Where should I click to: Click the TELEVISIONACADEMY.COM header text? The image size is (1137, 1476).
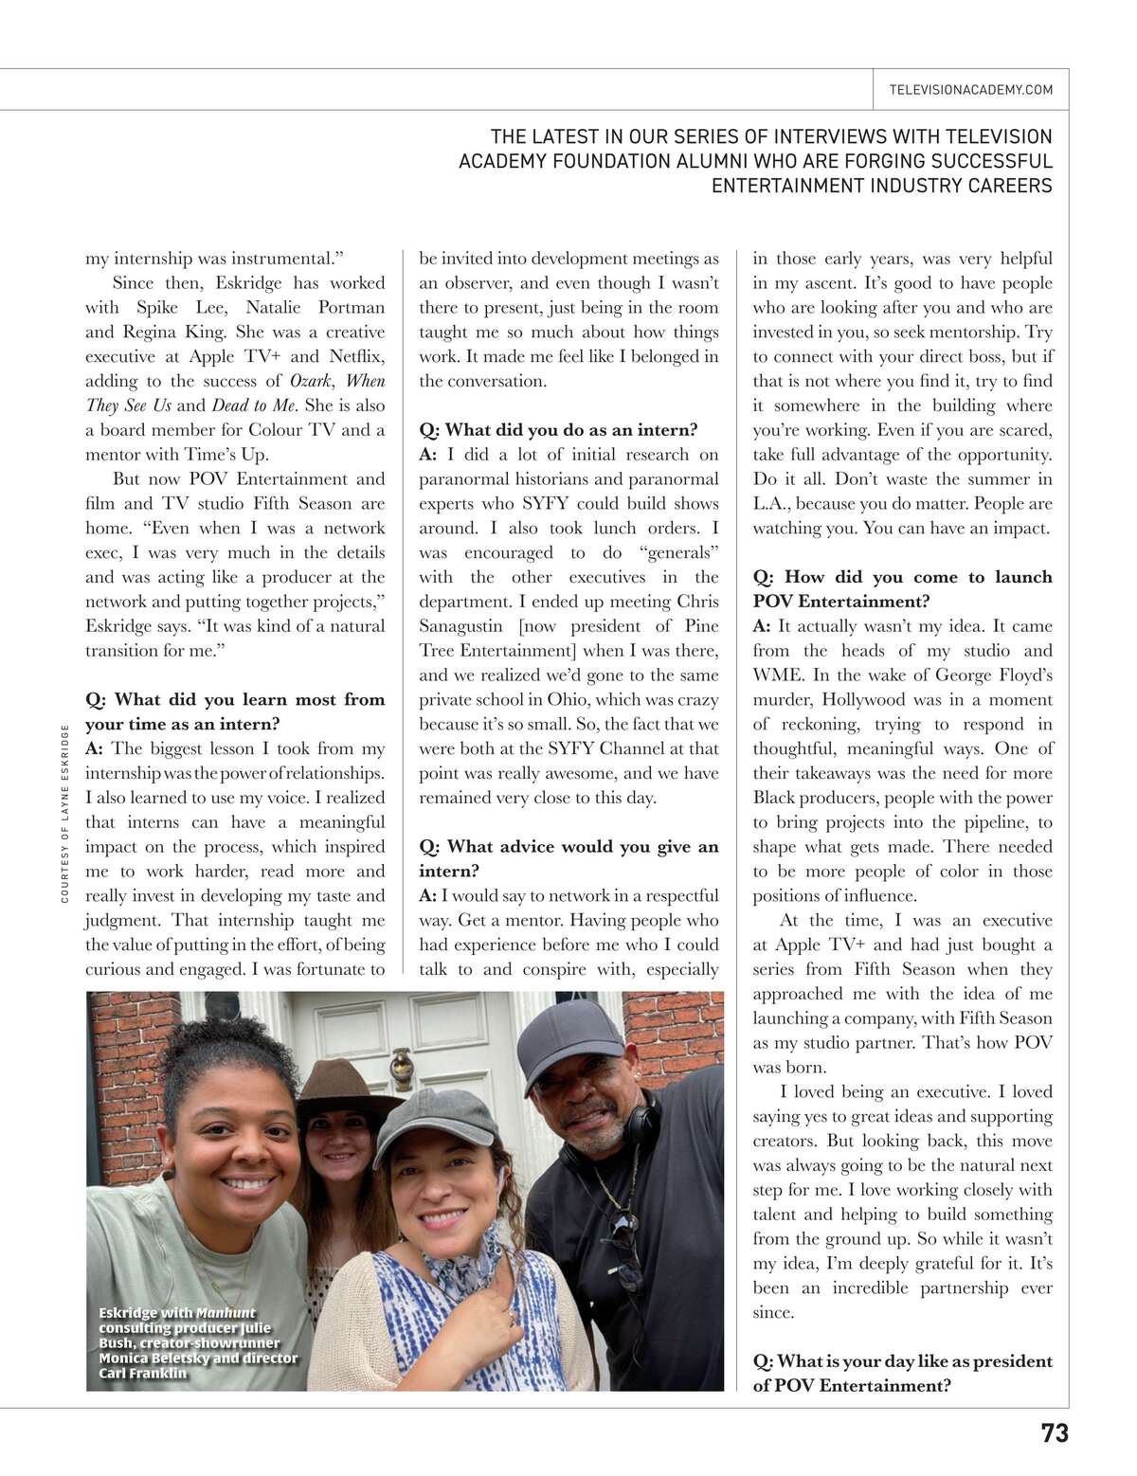coord(970,90)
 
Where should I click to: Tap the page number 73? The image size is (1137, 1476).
coord(1055,1433)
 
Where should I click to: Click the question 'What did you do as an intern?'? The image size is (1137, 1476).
coord(558,430)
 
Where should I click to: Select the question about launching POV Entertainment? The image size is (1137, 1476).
coord(902,589)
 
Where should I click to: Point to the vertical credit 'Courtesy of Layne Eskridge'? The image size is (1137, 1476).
coord(64,813)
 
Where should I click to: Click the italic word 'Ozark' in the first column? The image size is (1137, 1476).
coord(310,381)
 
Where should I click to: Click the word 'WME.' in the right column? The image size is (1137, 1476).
coord(777,675)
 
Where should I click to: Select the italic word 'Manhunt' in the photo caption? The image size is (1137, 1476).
coord(226,1313)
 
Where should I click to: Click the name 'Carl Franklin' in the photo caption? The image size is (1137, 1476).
coord(142,1373)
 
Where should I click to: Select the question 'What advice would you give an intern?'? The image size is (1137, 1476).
coord(568,858)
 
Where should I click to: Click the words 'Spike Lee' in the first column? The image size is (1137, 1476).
coord(181,308)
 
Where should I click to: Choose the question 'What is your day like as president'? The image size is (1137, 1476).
coord(902,1361)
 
